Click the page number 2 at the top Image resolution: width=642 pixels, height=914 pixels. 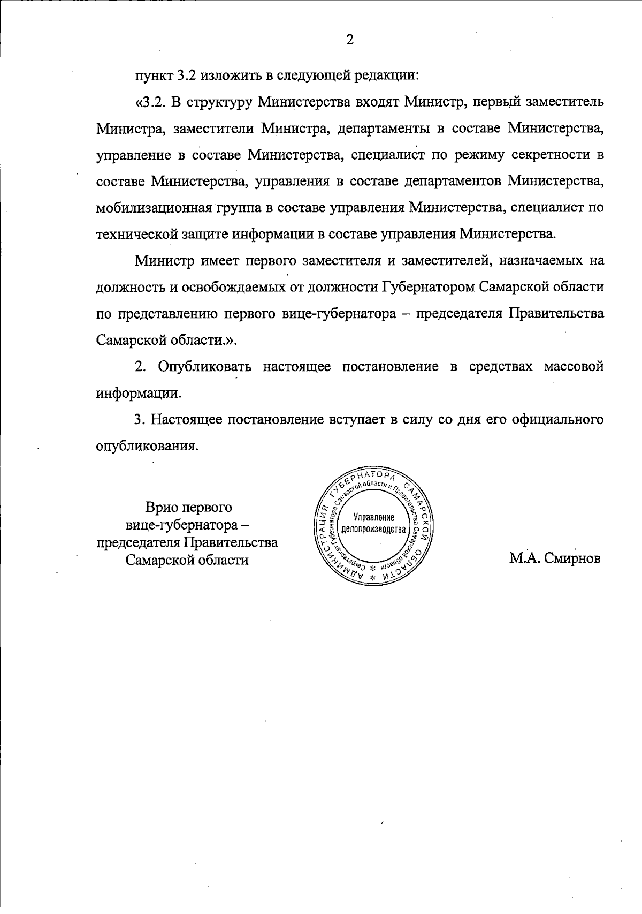(x=350, y=40)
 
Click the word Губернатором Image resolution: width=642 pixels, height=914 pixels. (x=426, y=287)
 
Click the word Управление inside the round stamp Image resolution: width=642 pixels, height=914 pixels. (x=374, y=518)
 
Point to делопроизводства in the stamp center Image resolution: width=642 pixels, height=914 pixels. (x=373, y=530)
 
